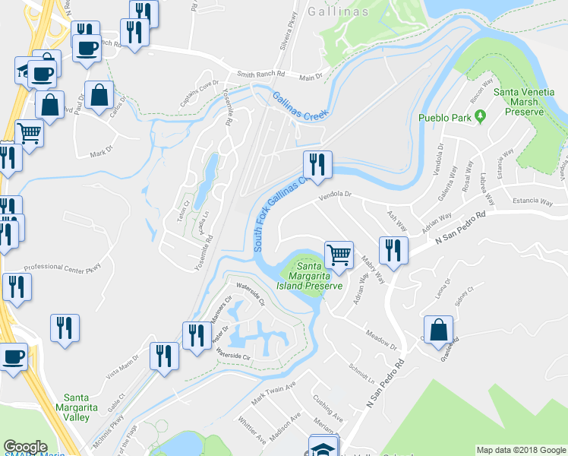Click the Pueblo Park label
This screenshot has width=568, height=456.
[x=443, y=118]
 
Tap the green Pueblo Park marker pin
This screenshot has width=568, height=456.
[x=480, y=116]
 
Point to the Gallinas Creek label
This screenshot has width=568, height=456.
[x=301, y=106]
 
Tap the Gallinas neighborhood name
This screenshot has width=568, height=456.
[x=339, y=12]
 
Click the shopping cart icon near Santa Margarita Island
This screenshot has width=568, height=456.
[x=339, y=254]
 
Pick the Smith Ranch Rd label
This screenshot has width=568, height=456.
[x=260, y=74]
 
